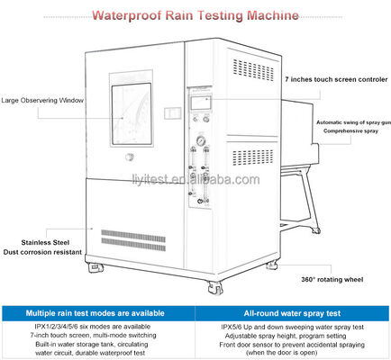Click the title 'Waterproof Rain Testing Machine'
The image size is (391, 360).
pos(195,16)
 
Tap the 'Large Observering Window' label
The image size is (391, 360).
pos(41,100)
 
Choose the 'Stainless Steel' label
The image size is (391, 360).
pos(38,243)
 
